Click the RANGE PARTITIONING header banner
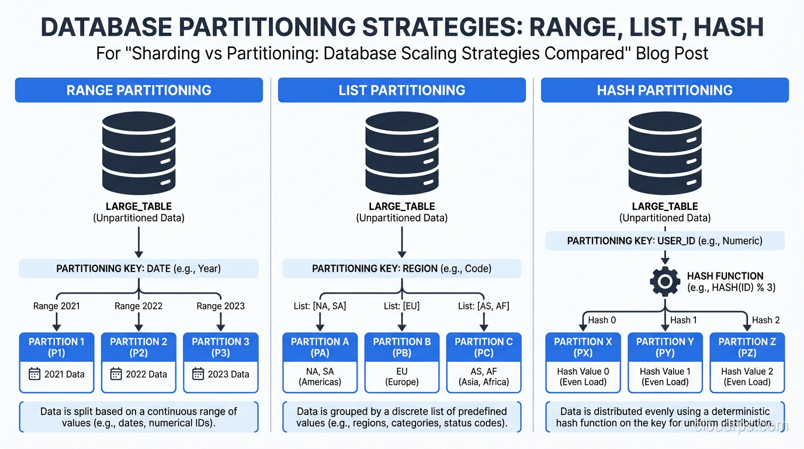click(138, 90)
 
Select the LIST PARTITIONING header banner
click(401, 90)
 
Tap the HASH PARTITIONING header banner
click(664, 90)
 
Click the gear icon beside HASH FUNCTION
click(664, 282)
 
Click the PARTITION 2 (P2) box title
click(138, 347)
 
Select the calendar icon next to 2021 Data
click(34, 374)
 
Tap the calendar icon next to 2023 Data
click(199, 374)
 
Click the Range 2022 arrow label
click(138, 306)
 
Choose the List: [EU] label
click(401, 306)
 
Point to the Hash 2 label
click(765, 320)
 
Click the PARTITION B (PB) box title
click(401, 347)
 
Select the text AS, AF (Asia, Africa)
click(483, 377)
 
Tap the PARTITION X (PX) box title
click(583, 347)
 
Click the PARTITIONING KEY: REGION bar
click(401, 269)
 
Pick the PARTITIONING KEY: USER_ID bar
click(664, 241)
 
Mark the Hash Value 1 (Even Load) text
click(665, 377)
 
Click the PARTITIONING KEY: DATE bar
click(138, 269)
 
